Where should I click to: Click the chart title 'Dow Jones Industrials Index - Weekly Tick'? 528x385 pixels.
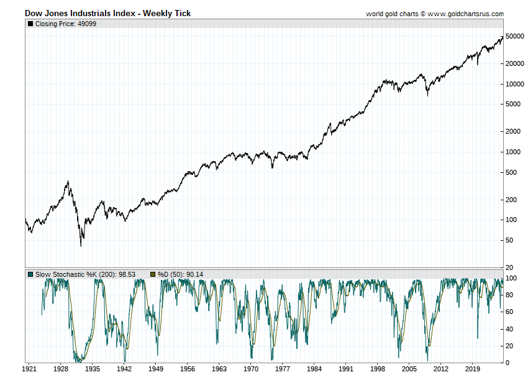click(107, 13)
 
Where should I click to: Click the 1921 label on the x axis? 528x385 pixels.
click(29, 368)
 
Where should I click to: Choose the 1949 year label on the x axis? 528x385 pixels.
click(155, 368)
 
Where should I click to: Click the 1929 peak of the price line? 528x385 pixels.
click(68, 181)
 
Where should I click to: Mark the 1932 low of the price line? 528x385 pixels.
click(81, 247)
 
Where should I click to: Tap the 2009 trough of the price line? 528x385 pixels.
click(427, 95)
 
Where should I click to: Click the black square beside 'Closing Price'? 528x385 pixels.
click(30, 24)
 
